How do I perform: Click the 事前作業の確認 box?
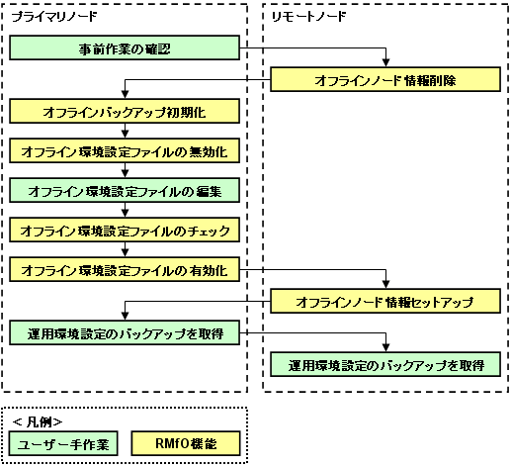point(125,47)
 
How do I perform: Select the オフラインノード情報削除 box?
point(385,79)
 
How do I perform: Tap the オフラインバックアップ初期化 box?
point(125,111)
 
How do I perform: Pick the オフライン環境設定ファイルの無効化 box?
point(125,150)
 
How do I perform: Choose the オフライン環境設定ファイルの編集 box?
point(125,190)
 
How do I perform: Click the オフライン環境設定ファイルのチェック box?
point(125,230)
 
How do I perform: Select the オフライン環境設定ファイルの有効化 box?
point(125,269)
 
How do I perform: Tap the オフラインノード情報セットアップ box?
point(385,301)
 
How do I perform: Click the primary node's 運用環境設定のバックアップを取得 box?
point(125,332)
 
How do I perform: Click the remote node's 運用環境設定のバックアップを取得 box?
point(385,364)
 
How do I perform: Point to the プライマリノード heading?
point(54,16)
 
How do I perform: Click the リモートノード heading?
point(308,16)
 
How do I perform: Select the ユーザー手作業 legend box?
point(63,443)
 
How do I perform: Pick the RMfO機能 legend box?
point(186,443)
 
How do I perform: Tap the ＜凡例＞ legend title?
point(38,421)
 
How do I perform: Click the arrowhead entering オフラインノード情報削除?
point(385,63)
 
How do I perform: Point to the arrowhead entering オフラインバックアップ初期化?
point(125,95)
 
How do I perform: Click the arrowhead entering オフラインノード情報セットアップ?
point(385,285)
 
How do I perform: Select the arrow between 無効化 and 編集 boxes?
point(125,170)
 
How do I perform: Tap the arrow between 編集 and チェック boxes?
point(125,210)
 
